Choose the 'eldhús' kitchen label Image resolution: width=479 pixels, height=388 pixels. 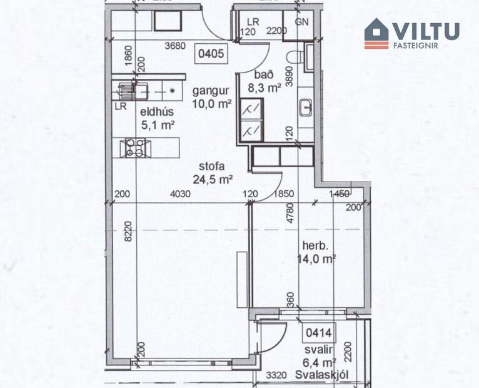152,113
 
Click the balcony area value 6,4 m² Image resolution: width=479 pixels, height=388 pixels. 321,362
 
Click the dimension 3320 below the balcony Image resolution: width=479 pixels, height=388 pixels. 276,375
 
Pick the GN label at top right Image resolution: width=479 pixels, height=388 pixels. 303,20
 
